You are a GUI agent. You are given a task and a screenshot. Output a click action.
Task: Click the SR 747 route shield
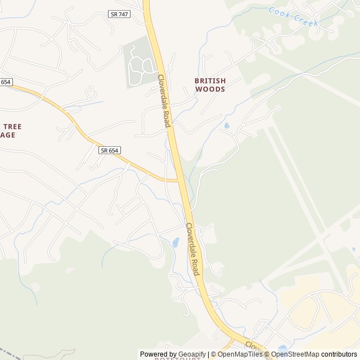coord(120,14)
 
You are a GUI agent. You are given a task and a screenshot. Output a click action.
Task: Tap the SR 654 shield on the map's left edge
coord(6,82)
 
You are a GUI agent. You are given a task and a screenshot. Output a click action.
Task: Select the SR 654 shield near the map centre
coord(110,150)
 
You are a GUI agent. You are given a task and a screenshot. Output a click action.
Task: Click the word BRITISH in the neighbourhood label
coord(210,80)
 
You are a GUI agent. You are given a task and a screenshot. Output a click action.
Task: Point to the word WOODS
coord(210,89)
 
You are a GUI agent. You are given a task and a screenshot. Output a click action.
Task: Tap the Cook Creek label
coord(293,17)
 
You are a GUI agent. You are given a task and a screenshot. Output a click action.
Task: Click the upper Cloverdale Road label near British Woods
coord(164,101)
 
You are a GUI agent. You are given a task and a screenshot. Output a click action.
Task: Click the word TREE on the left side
coord(12,127)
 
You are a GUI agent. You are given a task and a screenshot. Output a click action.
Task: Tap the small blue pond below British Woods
coord(226,126)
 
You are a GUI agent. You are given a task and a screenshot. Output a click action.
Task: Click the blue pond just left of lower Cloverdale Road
coord(175,243)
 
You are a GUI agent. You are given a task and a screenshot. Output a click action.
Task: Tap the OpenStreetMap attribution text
coord(295,354)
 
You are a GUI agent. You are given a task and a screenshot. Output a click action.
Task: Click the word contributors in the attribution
coord(339,354)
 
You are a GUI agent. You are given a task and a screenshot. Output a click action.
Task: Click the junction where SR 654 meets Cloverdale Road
coord(179,181)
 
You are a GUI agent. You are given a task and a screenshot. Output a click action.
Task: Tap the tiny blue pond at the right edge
coord(354,249)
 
